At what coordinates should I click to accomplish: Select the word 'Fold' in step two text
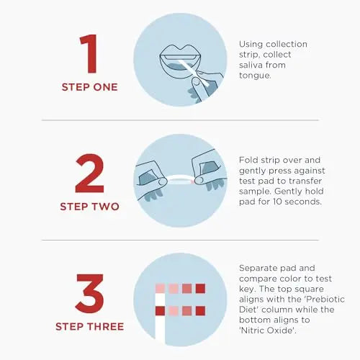tap(250, 159)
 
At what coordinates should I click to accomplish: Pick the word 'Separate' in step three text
tap(261, 268)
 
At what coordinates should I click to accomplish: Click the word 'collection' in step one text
tap(284, 44)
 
